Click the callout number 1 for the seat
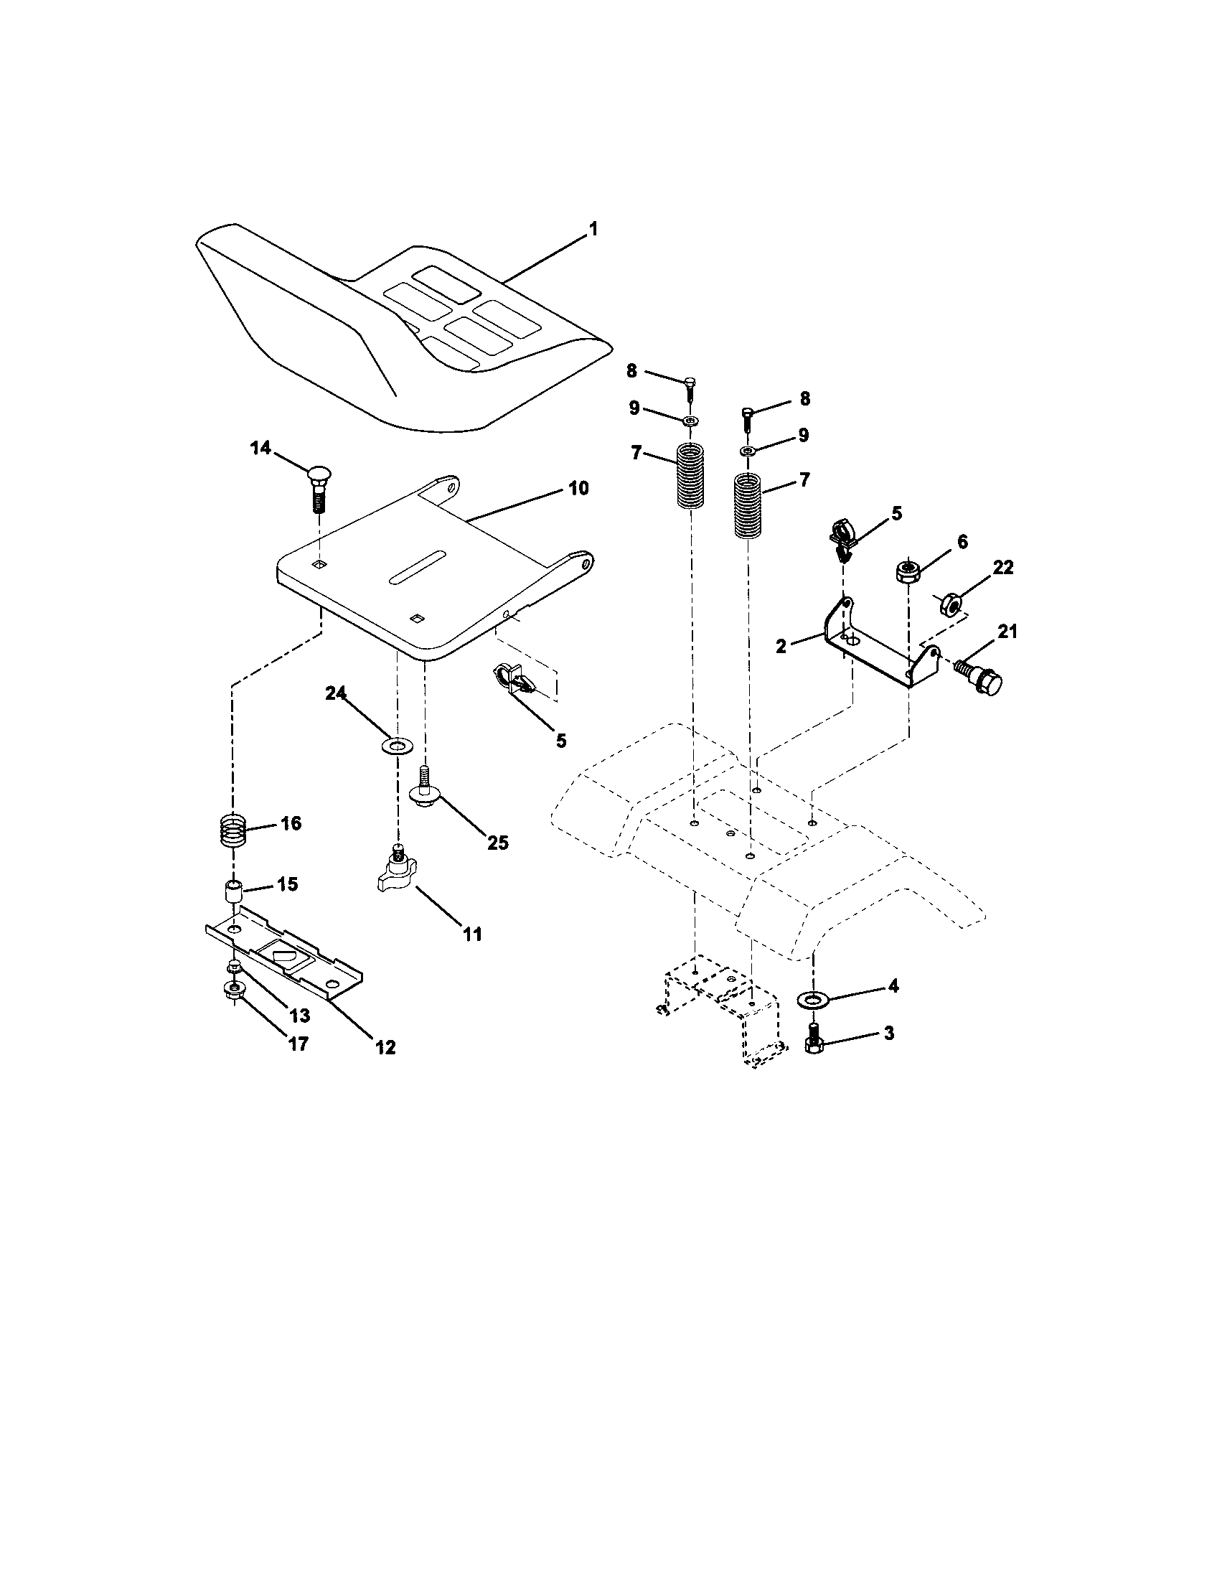coord(593,230)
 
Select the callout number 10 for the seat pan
coord(578,488)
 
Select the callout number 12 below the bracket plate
coord(385,1048)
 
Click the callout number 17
coord(299,1044)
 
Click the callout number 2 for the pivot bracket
coord(781,647)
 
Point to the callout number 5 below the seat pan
coord(561,741)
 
